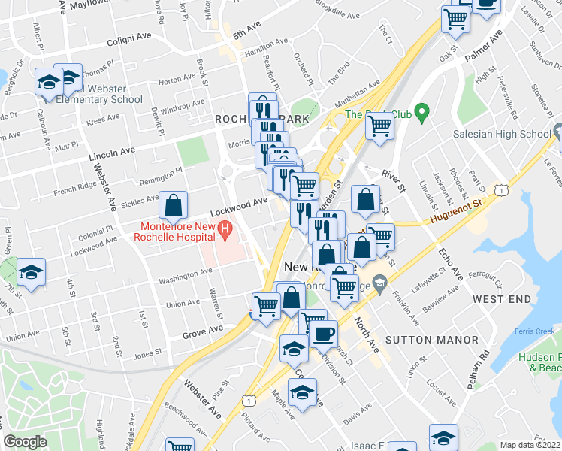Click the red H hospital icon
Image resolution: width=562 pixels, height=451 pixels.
(x=223, y=229)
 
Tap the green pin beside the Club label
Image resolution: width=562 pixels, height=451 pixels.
(x=421, y=114)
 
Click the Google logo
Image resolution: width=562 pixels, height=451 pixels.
(x=25, y=442)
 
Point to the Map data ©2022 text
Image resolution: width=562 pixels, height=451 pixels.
(x=530, y=445)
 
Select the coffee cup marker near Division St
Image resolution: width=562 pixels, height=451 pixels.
(x=323, y=334)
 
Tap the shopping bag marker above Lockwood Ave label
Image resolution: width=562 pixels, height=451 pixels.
(x=174, y=204)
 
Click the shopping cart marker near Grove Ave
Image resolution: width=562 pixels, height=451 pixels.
(x=266, y=306)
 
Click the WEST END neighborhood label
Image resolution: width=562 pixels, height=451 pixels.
(x=502, y=299)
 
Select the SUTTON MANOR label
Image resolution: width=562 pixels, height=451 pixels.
(x=431, y=340)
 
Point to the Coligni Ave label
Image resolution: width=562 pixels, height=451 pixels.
(x=129, y=38)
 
